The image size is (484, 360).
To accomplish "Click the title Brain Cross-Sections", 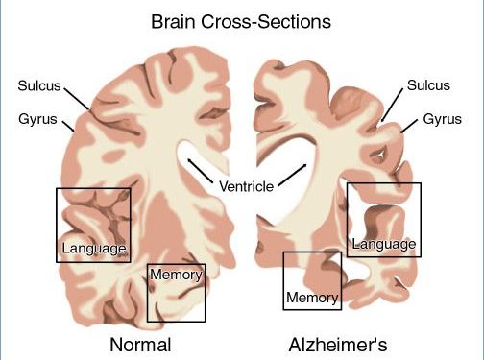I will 242,20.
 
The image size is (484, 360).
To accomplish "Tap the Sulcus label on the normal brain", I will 38,85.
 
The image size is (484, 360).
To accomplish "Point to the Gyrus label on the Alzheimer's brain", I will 443,121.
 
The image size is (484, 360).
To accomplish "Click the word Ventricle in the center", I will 247,184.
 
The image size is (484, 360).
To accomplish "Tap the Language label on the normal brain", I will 93,249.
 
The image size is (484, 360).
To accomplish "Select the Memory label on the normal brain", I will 176,276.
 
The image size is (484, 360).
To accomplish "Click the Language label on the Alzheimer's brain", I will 384,244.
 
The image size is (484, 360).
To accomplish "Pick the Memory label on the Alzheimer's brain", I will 313,298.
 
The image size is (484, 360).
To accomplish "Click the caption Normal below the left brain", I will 140,345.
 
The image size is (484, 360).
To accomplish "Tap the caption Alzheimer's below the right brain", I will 342,345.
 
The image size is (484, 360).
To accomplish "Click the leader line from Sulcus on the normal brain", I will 77,97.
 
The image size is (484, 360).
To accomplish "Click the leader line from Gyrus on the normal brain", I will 68,125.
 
